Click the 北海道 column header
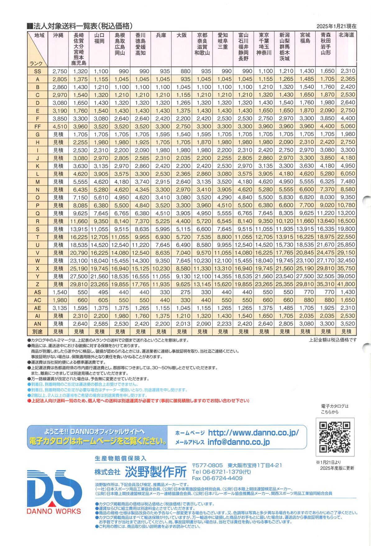pyautogui.click(x=346, y=35)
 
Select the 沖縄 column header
pyautogui.click(x=58, y=35)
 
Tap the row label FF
pyautogui.click(x=38, y=127)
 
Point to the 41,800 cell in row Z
pyautogui.click(x=346, y=284)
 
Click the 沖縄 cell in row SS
pyautogui.click(x=58, y=71)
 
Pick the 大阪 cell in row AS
pyautogui.click(x=182, y=292)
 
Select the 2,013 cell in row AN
pyautogui.click(x=182, y=324)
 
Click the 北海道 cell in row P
pyautogui.click(x=346, y=206)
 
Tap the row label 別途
pyautogui.click(x=38, y=332)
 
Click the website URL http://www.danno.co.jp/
pyautogui.click(x=253, y=433)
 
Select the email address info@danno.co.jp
pyautogui.click(x=239, y=442)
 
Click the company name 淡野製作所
pyautogui.click(x=156, y=472)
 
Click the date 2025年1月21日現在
pyautogui.click(x=336, y=26)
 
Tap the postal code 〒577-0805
pyautogui.click(x=207, y=465)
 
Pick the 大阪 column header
pyautogui.click(x=182, y=35)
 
